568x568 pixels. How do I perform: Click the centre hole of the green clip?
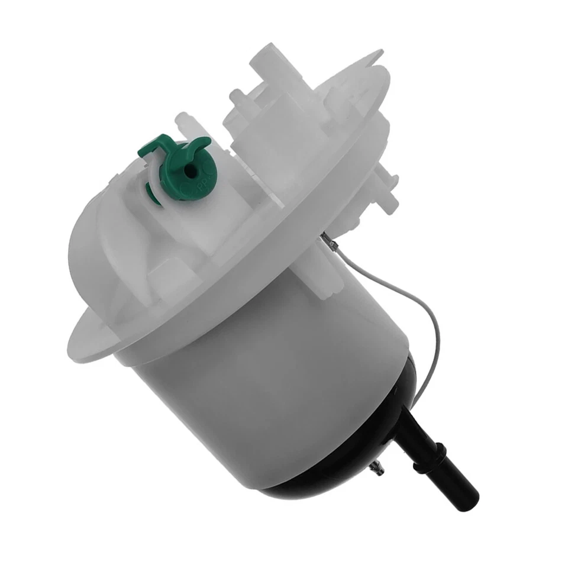tap(189, 170)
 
